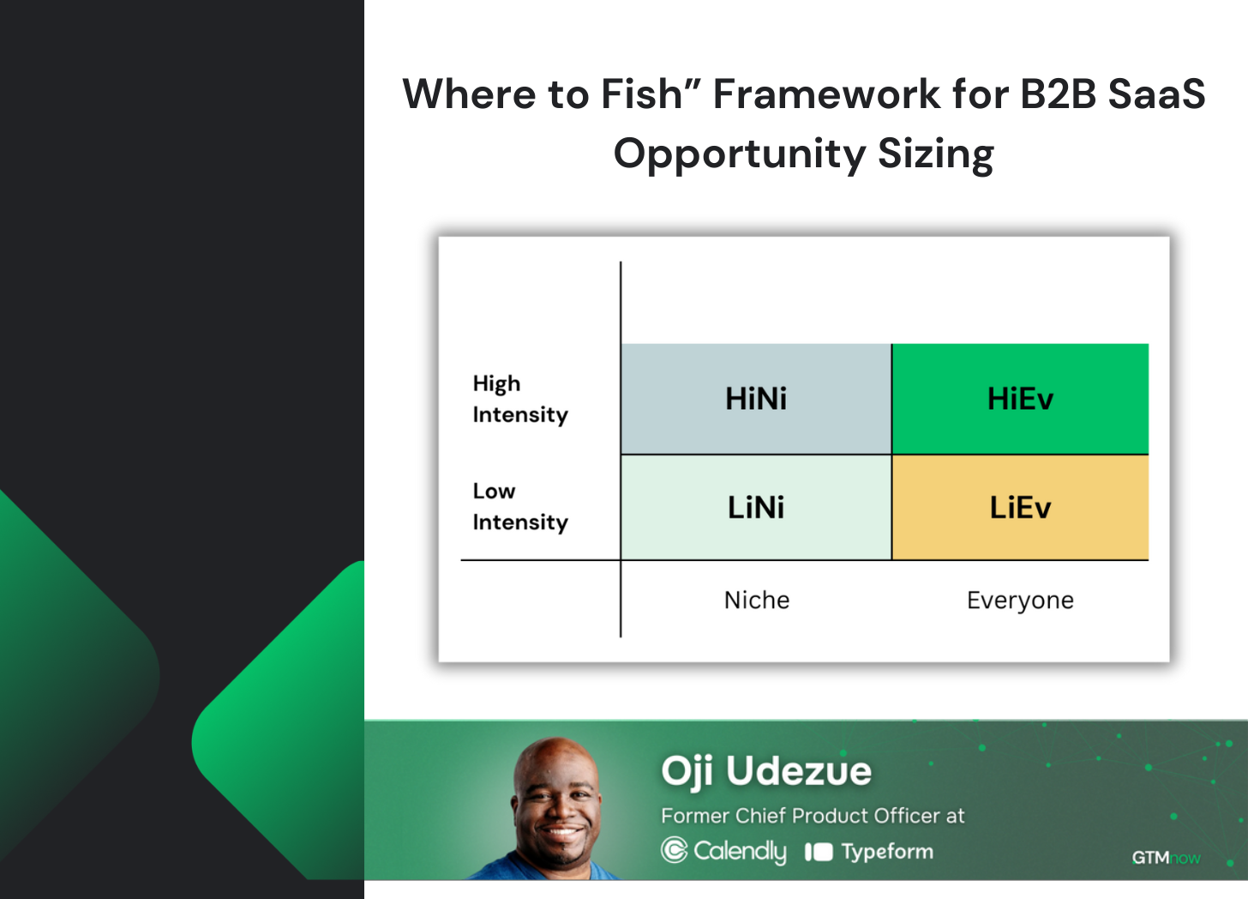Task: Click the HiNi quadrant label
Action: pyautogui.click(x=756, y=399)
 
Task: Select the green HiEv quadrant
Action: pyautogui.click(x=1020, y=399)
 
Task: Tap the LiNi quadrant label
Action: pyautogui.click(x=756, y=508)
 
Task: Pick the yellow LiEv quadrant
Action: pyautogui.click(x=1020, y=508)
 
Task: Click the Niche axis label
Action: pyautogui.click(x=757, y=600)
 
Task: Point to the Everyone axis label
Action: pyautogui.click(x=1020, y=600)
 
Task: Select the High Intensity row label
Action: pyautogui.click(x=520, y=399)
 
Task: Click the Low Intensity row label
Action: pyautogui.click(x=520, y=507)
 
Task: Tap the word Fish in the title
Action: pyautogui.click(x=642, y=94)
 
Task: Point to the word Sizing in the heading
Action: pyautogui.click(x=936, y=154)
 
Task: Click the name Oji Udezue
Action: pyautogui.click(x=766, y=771)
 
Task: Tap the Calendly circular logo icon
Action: pyautogui.click(x=675, y=850)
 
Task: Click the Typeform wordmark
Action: pyautogui.click(x=887, y=852)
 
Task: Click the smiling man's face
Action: pyautogui.click(x=557, y=803)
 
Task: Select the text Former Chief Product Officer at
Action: pyautogui.click(x=813, y=816)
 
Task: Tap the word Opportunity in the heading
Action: pyautogui.click(x=740, y=154)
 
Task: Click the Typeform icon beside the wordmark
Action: pyautogui.click(x=819, y=852)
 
